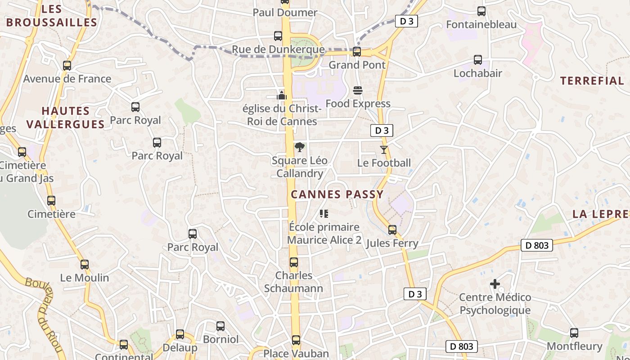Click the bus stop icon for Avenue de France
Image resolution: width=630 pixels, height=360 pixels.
click(x=67, y=66)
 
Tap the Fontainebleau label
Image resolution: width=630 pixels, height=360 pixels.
click(x=481, y=24)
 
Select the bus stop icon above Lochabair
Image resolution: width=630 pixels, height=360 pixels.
click(x=478, y=60)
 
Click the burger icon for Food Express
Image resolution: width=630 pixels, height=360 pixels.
click(x=358, y=90)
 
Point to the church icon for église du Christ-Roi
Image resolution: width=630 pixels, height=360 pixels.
click(x=282, y=95)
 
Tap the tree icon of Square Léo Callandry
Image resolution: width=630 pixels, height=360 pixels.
click(x=299, y=147)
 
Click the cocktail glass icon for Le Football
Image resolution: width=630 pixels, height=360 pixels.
click(x=384, y=150)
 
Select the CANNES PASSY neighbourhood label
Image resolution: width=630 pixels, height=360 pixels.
click(x=337, y=194)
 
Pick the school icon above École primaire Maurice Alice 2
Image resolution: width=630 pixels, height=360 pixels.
click(x=324, y=214)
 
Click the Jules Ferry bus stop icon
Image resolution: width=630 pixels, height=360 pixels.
click(x=392, y=230)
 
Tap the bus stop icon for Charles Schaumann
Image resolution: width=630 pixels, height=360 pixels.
click(x=294, y=262)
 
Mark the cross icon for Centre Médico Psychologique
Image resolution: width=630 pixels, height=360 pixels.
click(x=495, y=284)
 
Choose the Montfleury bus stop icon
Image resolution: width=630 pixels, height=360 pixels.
click(x=574, y=333)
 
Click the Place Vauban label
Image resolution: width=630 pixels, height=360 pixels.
click(x=296, y=354)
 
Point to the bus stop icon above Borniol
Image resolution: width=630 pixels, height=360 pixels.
click(x=220, y=326)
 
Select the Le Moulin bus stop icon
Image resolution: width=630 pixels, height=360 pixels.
click(x=85, y=265)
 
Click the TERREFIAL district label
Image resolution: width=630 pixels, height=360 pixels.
click(x=592, y=81)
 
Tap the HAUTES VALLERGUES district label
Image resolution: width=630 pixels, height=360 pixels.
click(x=65, y=117)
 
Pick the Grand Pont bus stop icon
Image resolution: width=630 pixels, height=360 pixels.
click(x=357, y=52)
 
